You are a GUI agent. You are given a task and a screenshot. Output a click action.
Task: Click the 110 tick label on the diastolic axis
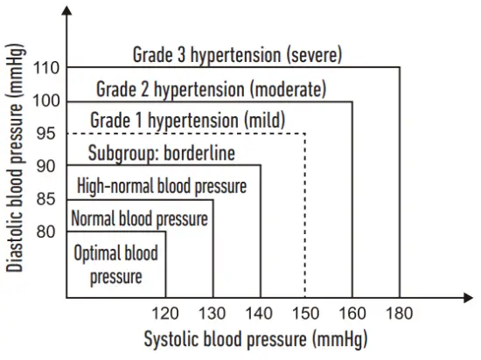tap(46, 67)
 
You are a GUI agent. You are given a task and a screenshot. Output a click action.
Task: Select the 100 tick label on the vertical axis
tap(46, 100)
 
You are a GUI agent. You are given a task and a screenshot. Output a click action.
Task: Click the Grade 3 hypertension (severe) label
tap(237, 55)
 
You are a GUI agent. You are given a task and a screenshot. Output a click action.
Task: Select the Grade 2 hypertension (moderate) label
tap(210, 89)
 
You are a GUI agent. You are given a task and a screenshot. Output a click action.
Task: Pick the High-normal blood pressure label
tap(162, 186)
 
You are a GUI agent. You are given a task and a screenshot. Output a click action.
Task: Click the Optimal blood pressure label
tap(116, 266)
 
